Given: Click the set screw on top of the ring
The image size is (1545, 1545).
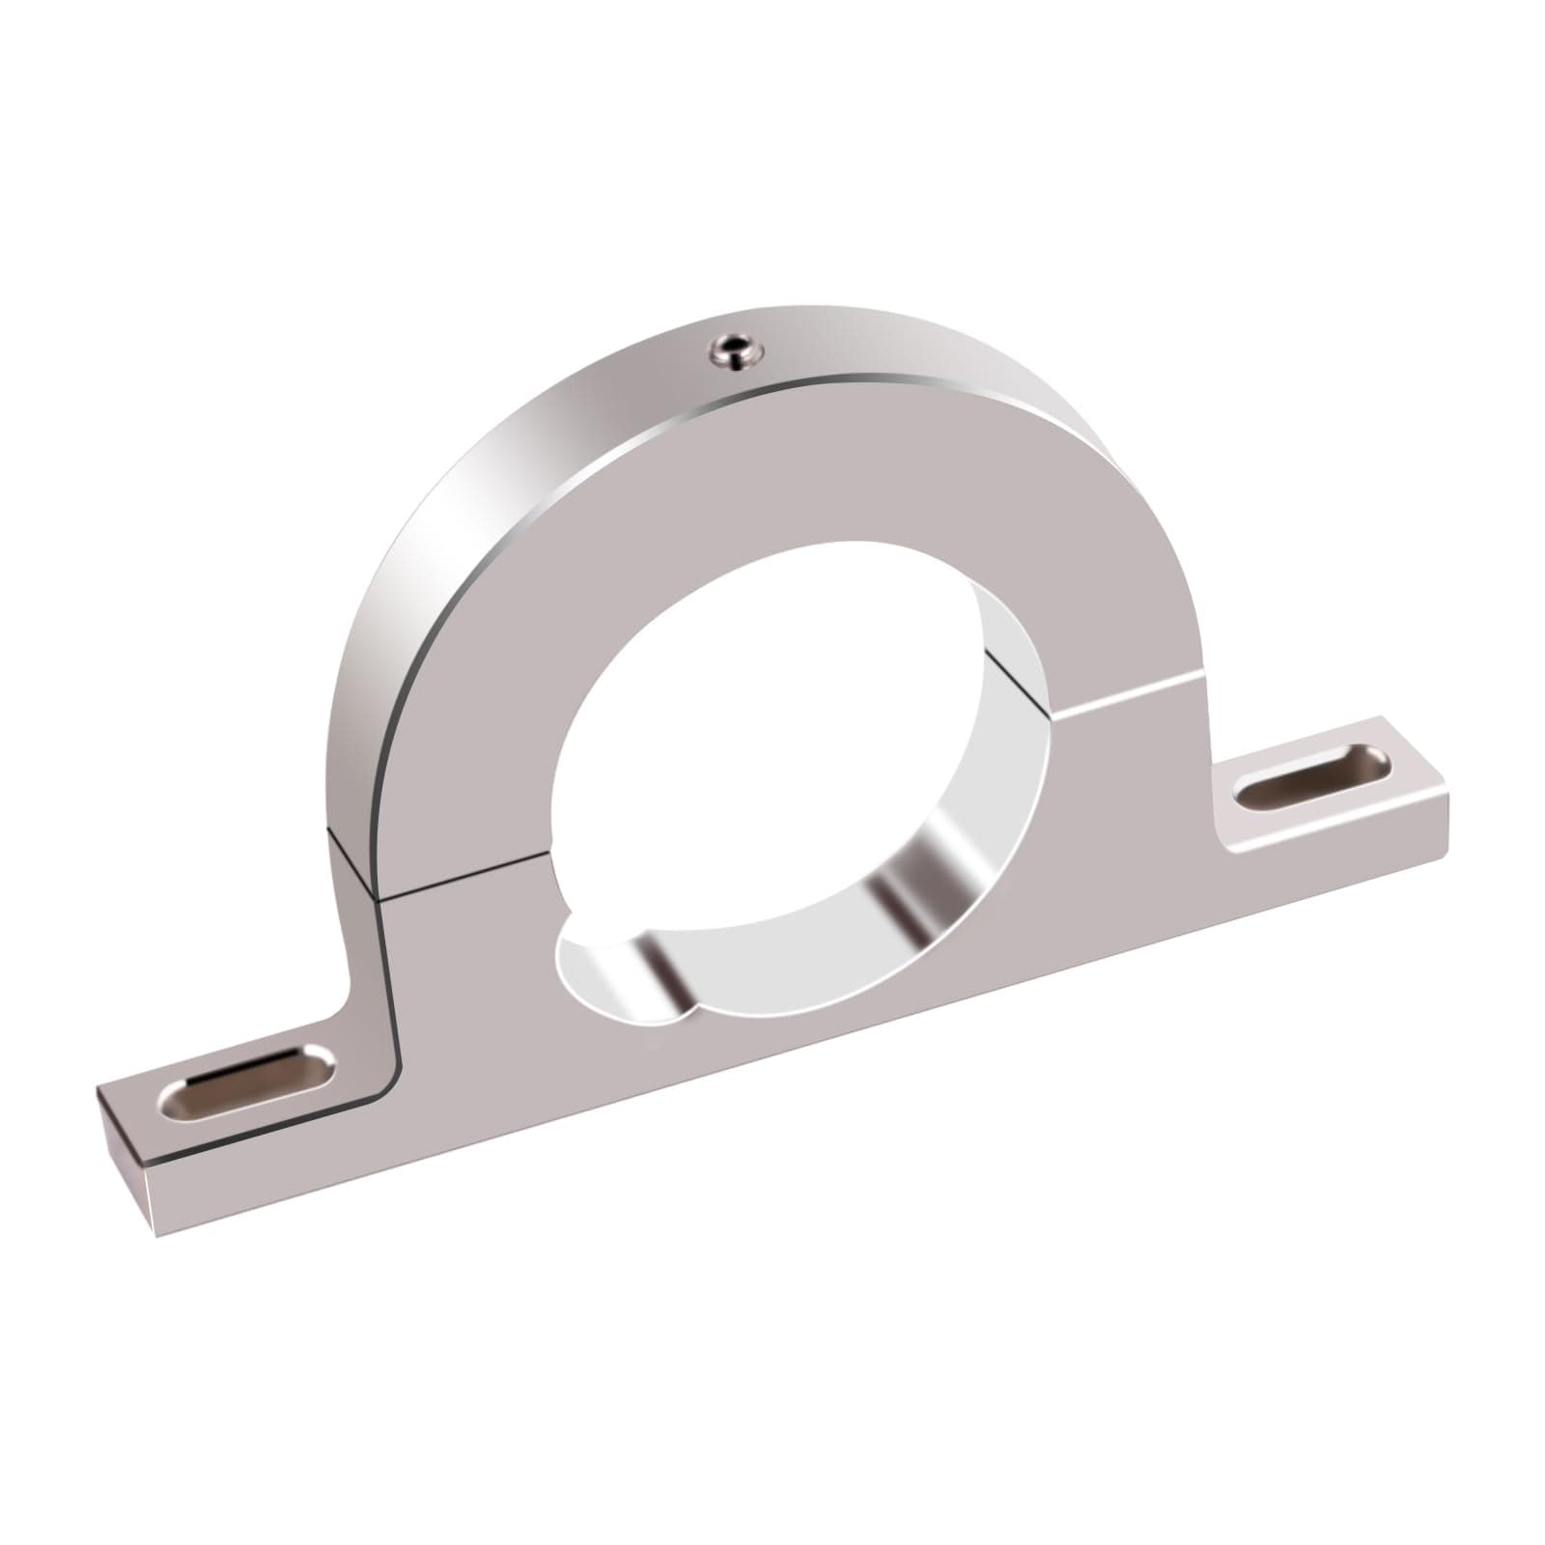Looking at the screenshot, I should click(736, 351).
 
